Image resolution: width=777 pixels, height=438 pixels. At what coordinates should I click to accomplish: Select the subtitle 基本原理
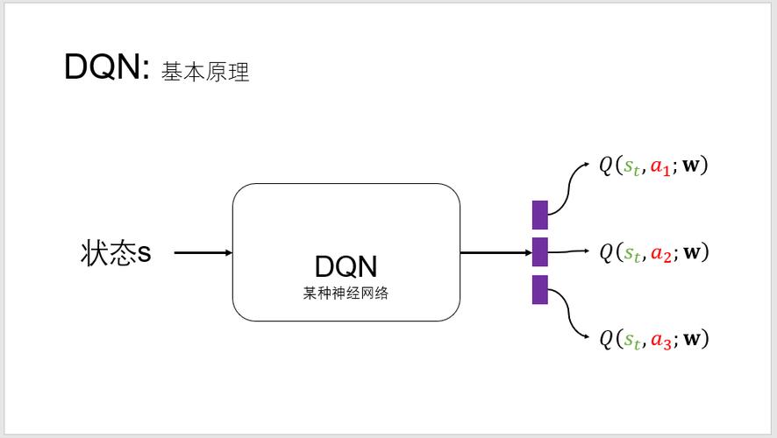point(206,72)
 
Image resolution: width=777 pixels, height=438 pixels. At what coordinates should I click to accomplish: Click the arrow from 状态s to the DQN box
point(203,253)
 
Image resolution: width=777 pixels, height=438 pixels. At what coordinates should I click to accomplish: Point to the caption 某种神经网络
point(346,293)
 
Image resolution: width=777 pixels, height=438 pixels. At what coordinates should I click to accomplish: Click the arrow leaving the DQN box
point(495,253)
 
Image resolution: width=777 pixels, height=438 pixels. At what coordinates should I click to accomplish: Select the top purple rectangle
point(539,215)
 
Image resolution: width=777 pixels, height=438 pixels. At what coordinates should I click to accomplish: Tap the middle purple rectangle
point(539,251)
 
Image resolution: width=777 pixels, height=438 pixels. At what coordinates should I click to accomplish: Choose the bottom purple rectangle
point(539,289)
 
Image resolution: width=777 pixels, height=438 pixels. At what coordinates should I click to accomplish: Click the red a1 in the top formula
point(660,166)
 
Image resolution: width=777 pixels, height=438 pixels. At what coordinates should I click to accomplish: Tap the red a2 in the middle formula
point(660,253)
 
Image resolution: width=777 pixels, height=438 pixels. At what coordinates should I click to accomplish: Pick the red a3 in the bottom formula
point(660,340)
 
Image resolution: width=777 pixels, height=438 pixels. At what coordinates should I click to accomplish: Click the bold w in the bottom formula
point(692,339)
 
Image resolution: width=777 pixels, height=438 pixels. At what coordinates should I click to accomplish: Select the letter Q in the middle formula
point(607,252)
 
